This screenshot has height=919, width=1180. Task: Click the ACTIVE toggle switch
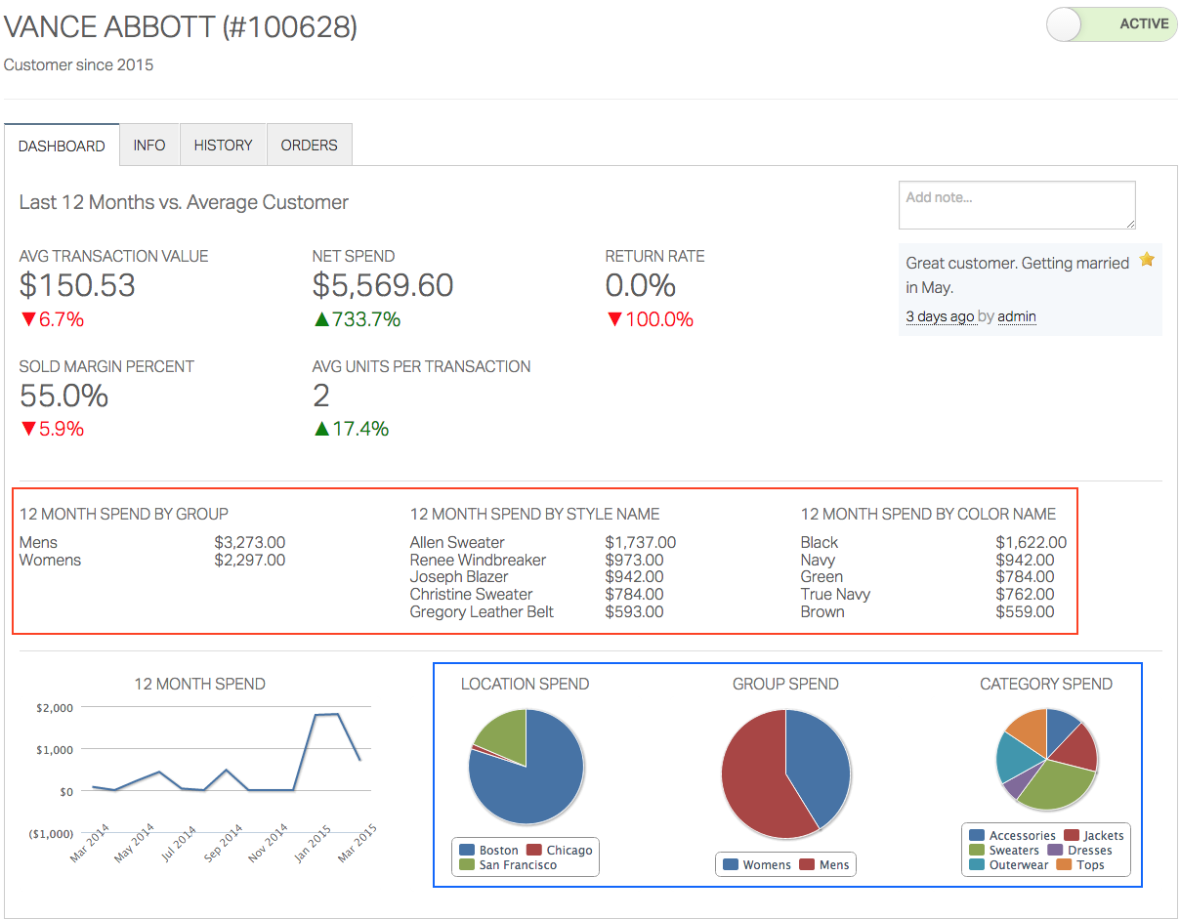click(x=1111, y=24)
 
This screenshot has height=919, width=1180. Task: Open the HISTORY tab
click(x=223, y=146)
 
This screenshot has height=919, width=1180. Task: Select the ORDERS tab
click(x=309, y=146)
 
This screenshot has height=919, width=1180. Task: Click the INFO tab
click(x=149, y=146)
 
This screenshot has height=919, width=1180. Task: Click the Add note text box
click(x=1016, y=205)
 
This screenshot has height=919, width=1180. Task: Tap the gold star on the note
click(x=1147, y=260)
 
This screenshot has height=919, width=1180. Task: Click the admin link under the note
click(x=1017, y=316)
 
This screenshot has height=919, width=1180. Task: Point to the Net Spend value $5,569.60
click(x=383, y=285)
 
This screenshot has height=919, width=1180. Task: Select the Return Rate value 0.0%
click(x=640, y=285)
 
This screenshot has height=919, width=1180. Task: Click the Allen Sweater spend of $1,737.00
click(x=640, y=543)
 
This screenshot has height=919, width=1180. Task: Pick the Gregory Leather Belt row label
click(x=482, y=612)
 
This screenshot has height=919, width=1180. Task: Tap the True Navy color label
click(x=835, y=595)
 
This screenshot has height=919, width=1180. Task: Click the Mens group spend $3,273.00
click(x=249, y=543)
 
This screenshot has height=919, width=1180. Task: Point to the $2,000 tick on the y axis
click(x=55, y=707)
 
